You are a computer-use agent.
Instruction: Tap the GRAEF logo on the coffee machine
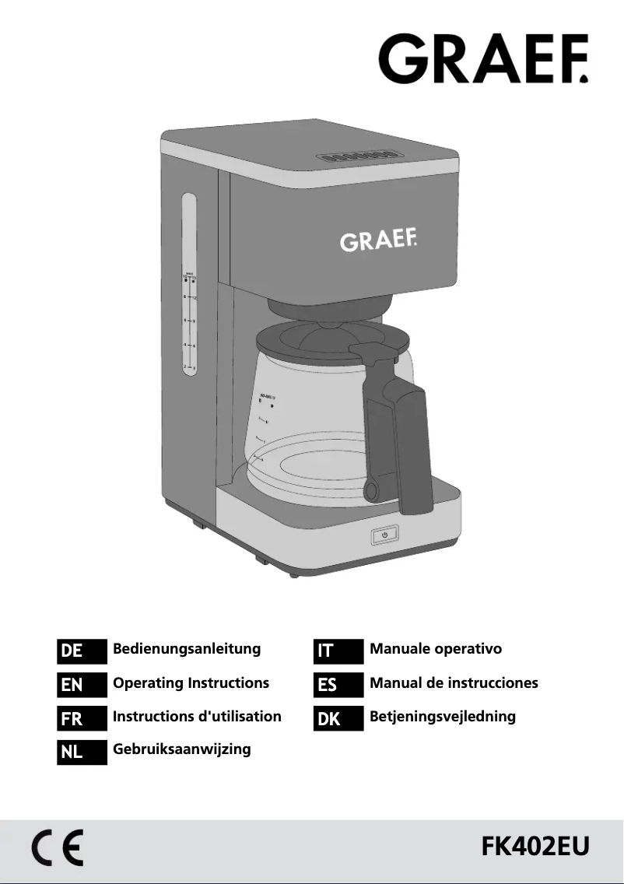click(x=378, y=240)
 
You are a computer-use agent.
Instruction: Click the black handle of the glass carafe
click(x=405, y=444)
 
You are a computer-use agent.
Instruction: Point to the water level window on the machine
click(x=189, y=285)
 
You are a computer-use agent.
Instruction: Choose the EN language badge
click(x=82, y=685)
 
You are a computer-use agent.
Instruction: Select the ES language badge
click(x=338, y=685)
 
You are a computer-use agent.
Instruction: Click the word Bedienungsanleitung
click(x=187, y=649)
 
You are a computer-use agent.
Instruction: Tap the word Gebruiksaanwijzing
click(x=182, y=749)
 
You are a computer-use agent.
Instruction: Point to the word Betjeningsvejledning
click(x=443, y=717)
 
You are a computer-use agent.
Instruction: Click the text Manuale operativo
click(x=436, y=649)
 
